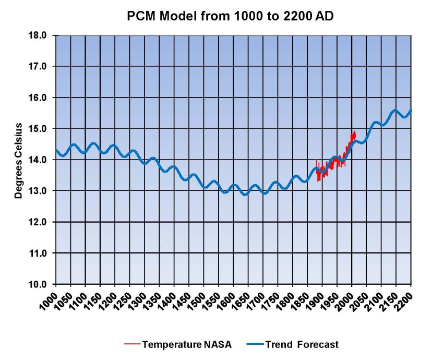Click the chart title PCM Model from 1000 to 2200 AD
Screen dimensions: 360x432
[230, 16]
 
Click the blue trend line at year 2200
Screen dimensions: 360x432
[411, 110]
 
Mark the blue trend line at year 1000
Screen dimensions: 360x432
[56, 150]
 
